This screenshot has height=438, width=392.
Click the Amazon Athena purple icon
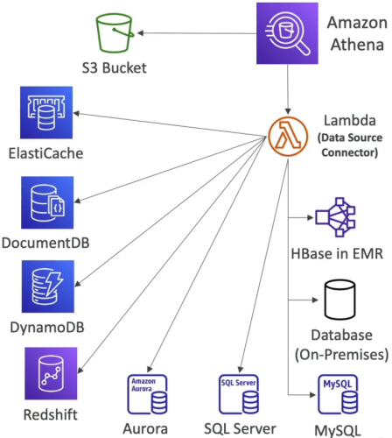[x=287, y=33]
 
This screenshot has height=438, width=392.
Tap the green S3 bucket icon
[x=115, y=33]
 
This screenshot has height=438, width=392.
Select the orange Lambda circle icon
[x=288, y=137]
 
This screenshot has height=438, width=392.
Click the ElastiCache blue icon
[x=46, y=112]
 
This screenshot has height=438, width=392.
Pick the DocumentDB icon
[x=47, y=202]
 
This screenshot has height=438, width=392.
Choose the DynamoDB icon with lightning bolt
[x=48, y=286]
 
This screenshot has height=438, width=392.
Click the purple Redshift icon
[x=51, y=373]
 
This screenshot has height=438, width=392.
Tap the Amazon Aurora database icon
[x=148, y=394]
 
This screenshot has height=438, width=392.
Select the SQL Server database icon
[x=239, y=394]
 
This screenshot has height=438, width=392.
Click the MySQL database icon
[x=338, y=394]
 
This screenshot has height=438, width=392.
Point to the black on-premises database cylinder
[x=340, y=300]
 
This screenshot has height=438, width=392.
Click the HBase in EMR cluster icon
[x=335, y=217]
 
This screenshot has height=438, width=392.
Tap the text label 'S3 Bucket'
[x=115, y=68]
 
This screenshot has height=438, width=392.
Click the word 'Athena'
[x=357, y=45]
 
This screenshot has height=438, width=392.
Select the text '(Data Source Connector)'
[x=350, y=145]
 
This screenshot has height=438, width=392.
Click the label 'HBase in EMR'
[x=337, y=254]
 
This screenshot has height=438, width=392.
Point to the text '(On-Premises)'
[x=341, y=355]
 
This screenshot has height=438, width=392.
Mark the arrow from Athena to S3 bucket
[x=197, y=33]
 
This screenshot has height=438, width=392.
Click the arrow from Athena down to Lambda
[x=288, y=89]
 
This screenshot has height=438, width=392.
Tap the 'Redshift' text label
[x=51, y=414]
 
